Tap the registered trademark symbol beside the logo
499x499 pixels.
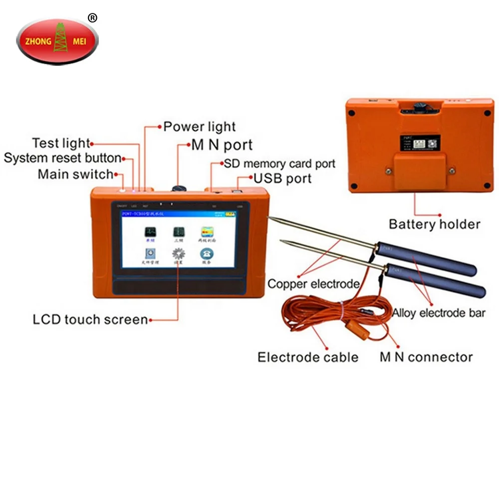[x=92, y=18]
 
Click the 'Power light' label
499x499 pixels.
[x=200, y=127]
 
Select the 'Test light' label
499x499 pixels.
[x=61, y=144]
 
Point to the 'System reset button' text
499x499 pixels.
[x=62, y=159]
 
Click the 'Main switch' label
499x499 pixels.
[x=75, y=175]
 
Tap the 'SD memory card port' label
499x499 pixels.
[x=279, y=164]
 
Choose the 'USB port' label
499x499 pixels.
[x=282, y=178]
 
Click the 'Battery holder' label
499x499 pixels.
[x=434, y=224]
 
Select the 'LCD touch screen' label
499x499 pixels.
[x=90, y=319]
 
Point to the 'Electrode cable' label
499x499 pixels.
[x=308, y=357]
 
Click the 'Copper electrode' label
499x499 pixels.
[x=313, y=284]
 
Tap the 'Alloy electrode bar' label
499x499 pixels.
[x=439, y=313]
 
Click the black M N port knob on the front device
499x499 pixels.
[x=178, y=189]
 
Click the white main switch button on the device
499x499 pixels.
[x=122, y=190]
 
